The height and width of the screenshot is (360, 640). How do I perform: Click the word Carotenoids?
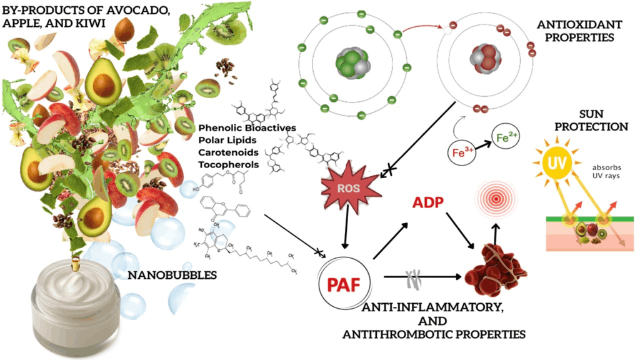(x=229, y=151)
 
